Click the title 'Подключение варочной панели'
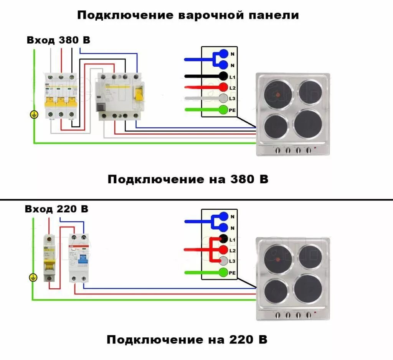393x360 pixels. pyautogui.click(x=188, y=15)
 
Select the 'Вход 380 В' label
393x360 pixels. pyautogui.click(x=58, y=40)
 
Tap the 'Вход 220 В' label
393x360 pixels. pyautogui.click(x=56, y=209)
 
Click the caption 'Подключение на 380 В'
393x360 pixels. pyautogui.click(x=188, y=179)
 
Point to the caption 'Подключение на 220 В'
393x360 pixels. pyautogui.click(x=187, y=339)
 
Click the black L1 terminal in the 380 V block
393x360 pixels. pyautogui.click(x=223, y=76)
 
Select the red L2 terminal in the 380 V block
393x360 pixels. pyautogui.click(x=223, y=87)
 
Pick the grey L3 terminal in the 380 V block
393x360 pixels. pyautogui.click(x=223, y=99)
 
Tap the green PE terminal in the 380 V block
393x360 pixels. pyautogui.click(x=223, y=110)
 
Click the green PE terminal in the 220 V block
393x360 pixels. pyautogui.click(x=223, y=273)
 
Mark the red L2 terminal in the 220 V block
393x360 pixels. pyautogui.click(x=223, y=250)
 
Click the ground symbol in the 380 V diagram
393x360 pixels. pyautogui.click(x=34, y=115)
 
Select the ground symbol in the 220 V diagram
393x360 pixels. pyautogui.click(x=33, y=278)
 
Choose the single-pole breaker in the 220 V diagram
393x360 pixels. pyautogui.click(x=49, y=258)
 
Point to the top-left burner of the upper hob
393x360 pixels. pyautogui.click(x=278, y=94)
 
